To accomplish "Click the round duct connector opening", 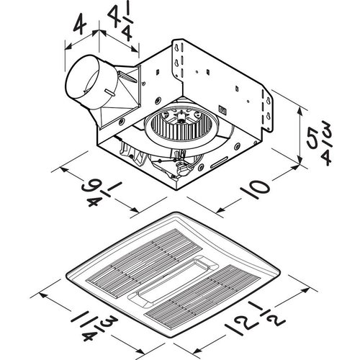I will pyautogui.click(x=86, y=80).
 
